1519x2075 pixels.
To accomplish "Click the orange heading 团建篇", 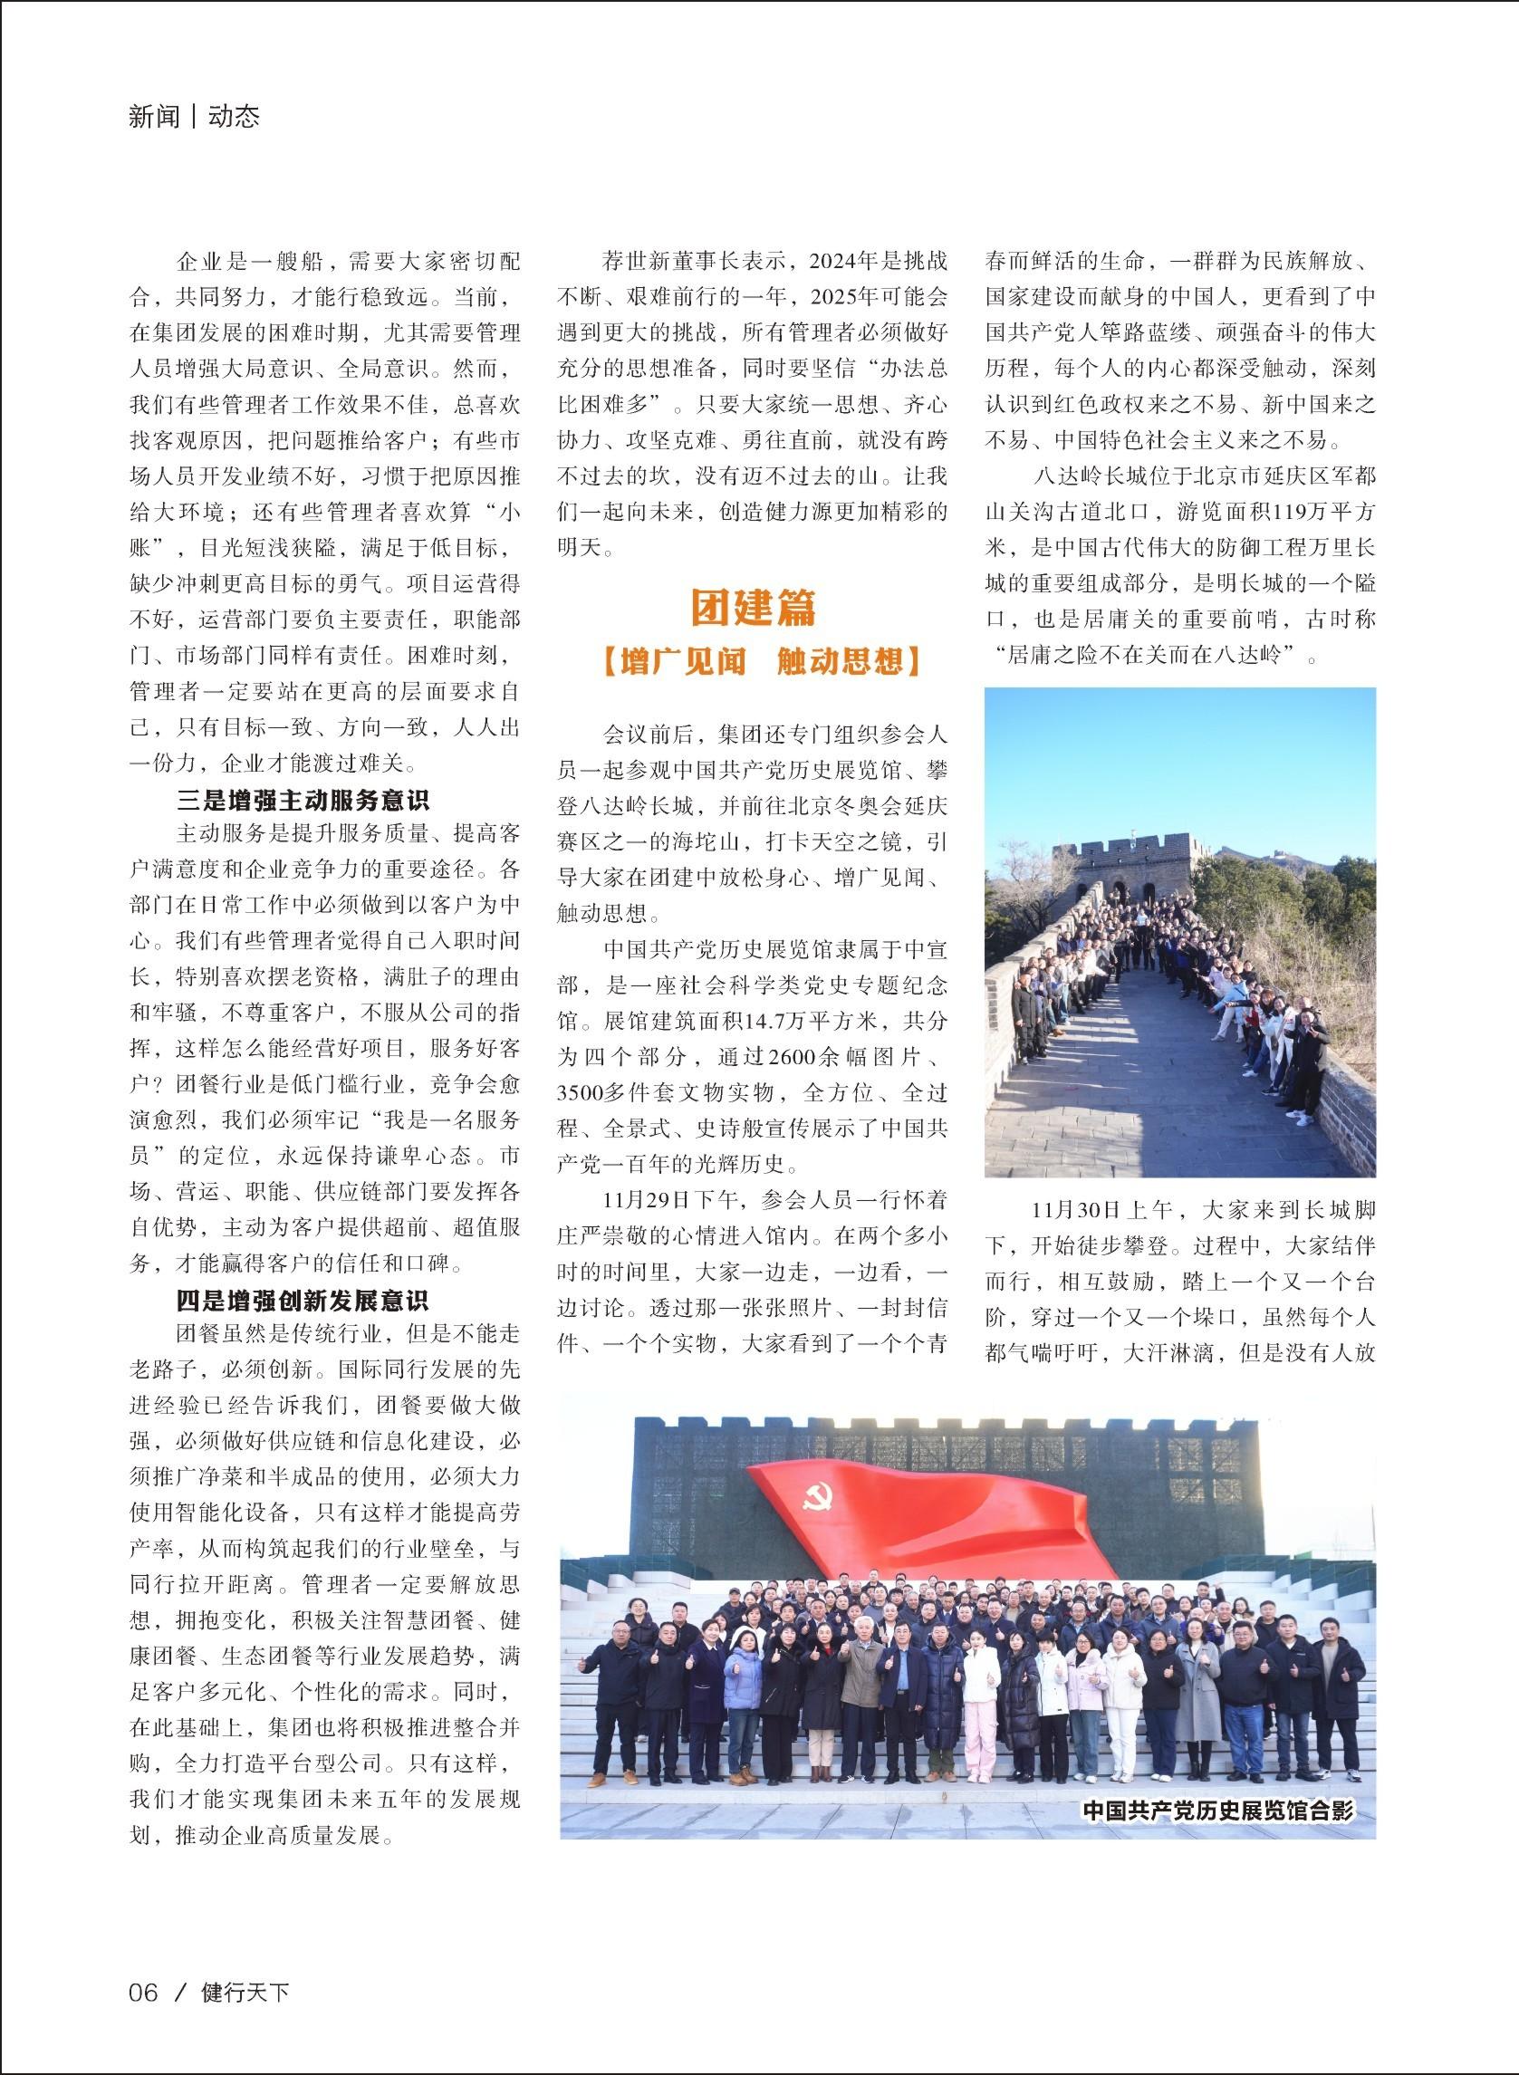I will [x=753, y=606].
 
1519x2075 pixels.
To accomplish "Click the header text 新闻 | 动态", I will [x=195, y=117].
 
